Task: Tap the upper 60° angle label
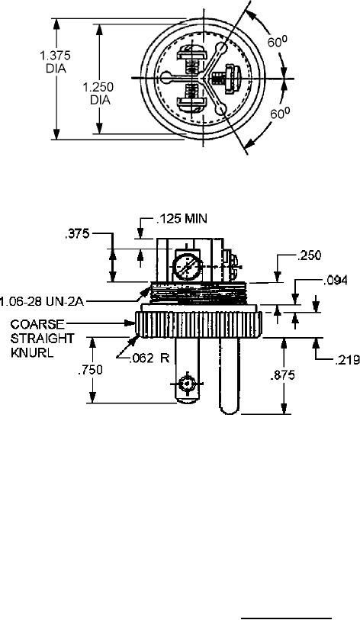click(278, 40)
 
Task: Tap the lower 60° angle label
click(280, 113)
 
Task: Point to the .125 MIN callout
click(182, 219)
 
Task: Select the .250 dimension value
click(309, 255)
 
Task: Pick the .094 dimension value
click(335, 281)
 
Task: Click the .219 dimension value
click(347, 359)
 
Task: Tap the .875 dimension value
click(282, 375)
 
